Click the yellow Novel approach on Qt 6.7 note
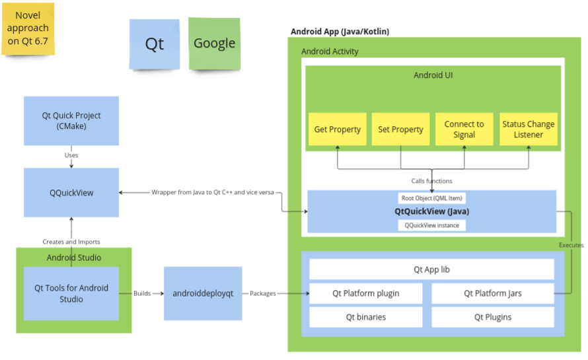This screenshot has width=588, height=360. [28, 28]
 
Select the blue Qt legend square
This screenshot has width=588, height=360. [155, 44]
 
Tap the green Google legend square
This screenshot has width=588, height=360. [214, 44]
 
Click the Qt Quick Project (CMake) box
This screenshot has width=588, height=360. [71, 121]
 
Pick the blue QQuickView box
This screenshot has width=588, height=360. [71, 192]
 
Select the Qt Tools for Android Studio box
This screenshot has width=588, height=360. [71, 293]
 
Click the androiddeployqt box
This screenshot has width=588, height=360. [203, 293]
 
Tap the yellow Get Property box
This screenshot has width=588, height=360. [337, 129]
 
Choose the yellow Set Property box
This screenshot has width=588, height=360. [400, 129]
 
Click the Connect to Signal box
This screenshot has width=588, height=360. [464, 129]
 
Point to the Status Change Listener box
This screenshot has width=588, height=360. [528, 129]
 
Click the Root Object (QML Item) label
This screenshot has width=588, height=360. [431, 198]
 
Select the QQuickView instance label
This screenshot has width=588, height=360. [431, 225]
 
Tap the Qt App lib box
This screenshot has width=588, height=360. [431, 270]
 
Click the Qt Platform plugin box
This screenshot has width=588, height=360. [365, 294]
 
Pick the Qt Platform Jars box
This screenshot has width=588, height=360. [492, 294]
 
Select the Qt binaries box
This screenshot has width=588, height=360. [365, 317]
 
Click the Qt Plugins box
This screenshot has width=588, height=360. [492, 317]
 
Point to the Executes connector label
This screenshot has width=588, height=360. [571, 245]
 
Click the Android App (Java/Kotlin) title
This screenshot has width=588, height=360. [340, 31]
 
